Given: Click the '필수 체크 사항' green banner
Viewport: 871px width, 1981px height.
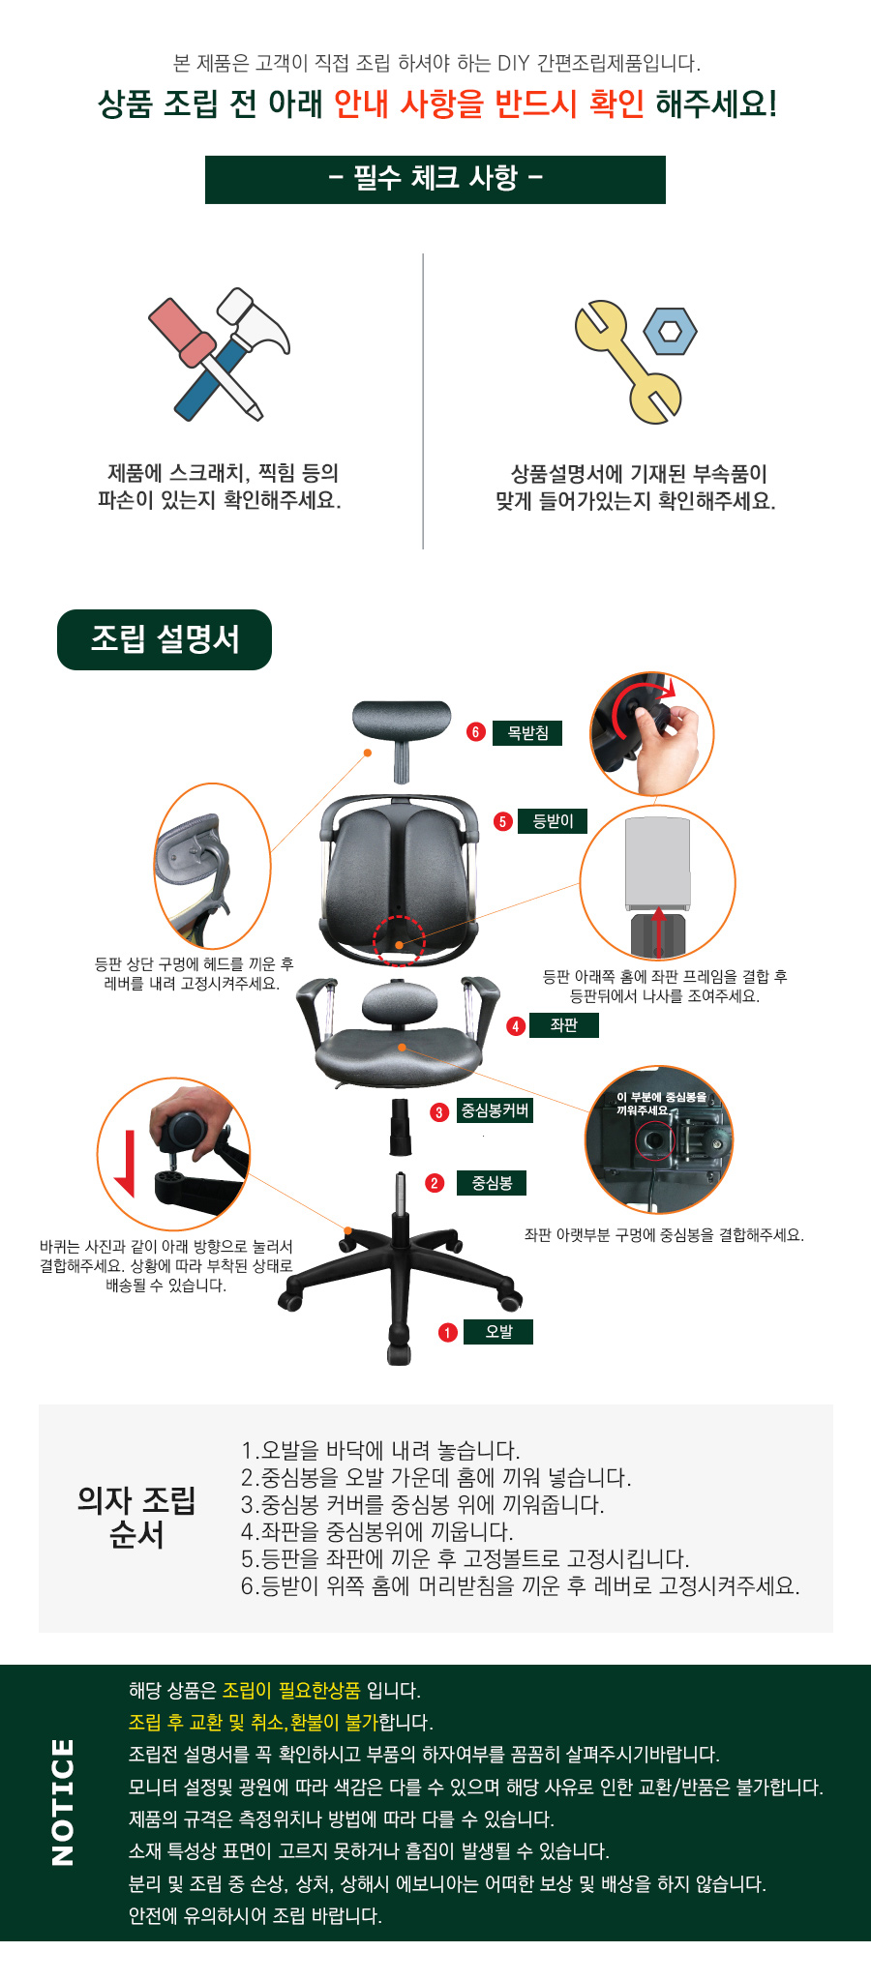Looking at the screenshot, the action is pyautogui.click(x=435, y=180).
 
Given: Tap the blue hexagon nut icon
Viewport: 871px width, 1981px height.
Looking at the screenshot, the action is pyautogui.click(x=670, y=331).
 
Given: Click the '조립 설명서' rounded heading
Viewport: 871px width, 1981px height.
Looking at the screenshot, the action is pyautogui.click(x=165, y=639).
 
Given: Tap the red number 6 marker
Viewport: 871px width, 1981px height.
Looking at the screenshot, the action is pyautogui.click(x=475, y=732).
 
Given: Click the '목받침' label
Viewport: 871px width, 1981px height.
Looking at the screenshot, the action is pyautogui.click(x=527, y=733).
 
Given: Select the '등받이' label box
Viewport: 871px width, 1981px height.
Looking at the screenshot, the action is pyautogui.click(x=553, y=821).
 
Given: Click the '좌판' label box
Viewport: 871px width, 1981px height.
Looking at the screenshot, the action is pyautogui.click(x=563, y=1025).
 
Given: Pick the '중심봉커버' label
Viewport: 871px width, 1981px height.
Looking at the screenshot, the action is pyautogui.click(x=495, y=1110).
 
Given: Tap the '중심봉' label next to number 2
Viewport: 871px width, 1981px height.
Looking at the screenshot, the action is pyautogui.click(x=492, y=1183).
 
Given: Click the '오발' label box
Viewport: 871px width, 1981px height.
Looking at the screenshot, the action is pyautogui.click(x=498, y=1332).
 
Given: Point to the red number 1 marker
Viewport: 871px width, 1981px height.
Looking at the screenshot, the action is pyautogui.click(x=447, y=1333).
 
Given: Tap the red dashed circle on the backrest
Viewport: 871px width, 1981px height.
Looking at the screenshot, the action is pyautogui.click(x=399, y=940).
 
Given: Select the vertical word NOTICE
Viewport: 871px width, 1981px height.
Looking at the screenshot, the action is pyautogui.click(x=62, y=1801).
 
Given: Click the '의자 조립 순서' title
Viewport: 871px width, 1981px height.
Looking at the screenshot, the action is pyautogui.click(x=136, y=1517).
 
